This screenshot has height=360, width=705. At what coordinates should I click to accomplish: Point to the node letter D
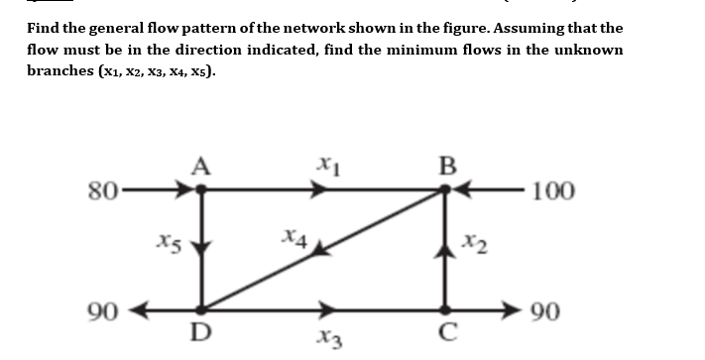[201, 334]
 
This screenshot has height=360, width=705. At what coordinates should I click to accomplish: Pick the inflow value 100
[552, 190]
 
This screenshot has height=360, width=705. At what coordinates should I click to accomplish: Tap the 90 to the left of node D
[104, 309]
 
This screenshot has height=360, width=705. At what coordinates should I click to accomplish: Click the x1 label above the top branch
[324, 164]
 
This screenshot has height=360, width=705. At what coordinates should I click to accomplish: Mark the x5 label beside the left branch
[168, 241]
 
